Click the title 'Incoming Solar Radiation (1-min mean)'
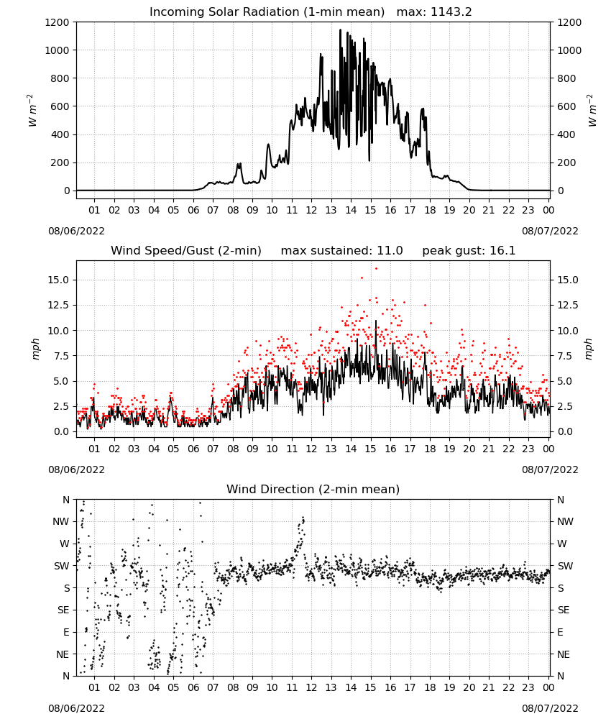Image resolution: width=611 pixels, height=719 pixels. click(x=267, y=12)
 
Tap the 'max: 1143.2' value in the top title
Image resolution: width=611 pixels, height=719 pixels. click(x=434, y=12)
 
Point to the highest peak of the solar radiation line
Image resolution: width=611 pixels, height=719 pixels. click(x=340, y=29)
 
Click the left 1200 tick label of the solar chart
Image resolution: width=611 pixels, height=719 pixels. click(x=57, y=22)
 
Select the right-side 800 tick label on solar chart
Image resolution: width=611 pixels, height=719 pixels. click(x=566, y=78)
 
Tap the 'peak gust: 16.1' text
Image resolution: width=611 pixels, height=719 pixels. click(x=469, y=251)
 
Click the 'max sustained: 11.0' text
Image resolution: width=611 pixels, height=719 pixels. click(x=342, y=251)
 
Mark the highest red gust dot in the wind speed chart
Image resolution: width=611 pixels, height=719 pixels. click(x=377, y=268)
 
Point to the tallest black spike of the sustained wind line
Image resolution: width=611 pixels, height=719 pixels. click(x=376, y=321)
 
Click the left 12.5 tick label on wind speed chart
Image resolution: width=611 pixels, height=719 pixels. click(x=59, y=305)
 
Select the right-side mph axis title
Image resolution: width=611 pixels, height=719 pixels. click(x=589, y=349)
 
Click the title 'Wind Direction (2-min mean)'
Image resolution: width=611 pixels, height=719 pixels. click(x=313, y=489)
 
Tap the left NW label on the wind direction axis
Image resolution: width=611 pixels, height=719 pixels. click(x=61, y=522)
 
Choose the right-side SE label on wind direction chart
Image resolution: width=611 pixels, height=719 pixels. click(x=564, y=610)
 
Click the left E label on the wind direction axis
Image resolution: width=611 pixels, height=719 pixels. click(x=66, y=632)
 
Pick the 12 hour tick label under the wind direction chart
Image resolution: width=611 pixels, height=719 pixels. click(x=312, y=687)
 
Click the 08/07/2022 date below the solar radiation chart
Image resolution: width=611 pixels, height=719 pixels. click(x=550, y=231)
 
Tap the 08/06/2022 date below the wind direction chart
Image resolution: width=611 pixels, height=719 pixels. click(x=76, y=708)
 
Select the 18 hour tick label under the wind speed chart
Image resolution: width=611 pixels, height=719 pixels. click(x=430, y=449)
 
